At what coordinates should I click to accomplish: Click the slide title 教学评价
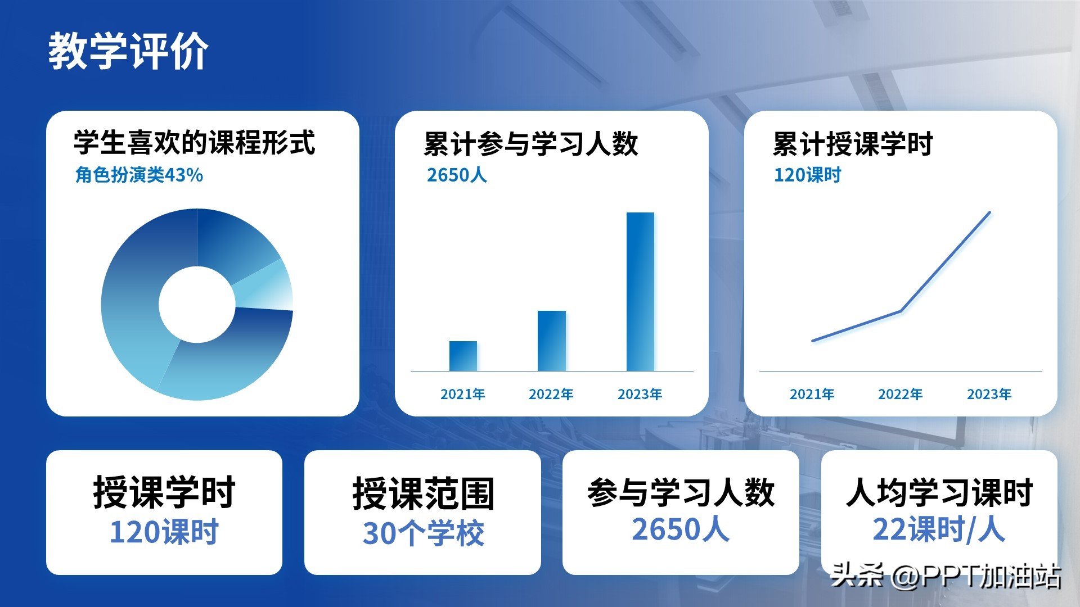point(128,51)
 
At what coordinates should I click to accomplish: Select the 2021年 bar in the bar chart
point(463,356)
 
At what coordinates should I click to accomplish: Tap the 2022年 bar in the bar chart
point(552,341)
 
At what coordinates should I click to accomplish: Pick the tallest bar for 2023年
point(640,292)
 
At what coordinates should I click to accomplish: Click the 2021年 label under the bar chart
point(463,394)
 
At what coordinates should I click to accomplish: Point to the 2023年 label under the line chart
point(989,394)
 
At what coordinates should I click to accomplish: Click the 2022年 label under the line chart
point(901,394)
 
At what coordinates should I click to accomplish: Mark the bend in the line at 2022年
point(901,311)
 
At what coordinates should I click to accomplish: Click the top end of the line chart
point(989,212)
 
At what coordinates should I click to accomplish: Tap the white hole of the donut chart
point(197,304)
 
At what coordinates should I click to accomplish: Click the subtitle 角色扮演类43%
point(139,175)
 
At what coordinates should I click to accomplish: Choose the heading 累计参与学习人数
point(531,144)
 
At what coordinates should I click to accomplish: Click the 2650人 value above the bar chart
point(457,175)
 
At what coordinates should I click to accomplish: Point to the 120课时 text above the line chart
point(807,175)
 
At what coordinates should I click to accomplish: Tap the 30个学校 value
point(423,533)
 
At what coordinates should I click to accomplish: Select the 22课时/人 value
point(939,529)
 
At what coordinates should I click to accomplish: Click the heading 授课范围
point(423,493)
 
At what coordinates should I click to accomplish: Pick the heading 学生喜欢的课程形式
point(195,143)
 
